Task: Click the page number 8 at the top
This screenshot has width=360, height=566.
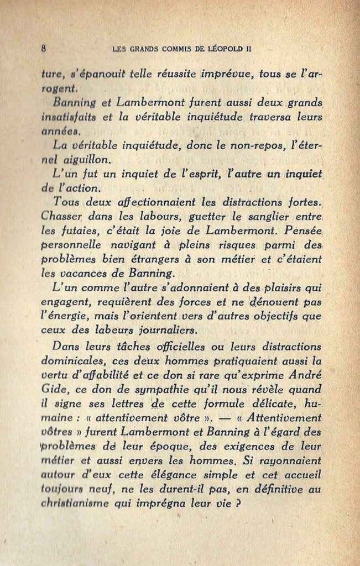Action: tap(43, 48)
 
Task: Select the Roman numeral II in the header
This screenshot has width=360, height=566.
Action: tap(248, 48)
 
